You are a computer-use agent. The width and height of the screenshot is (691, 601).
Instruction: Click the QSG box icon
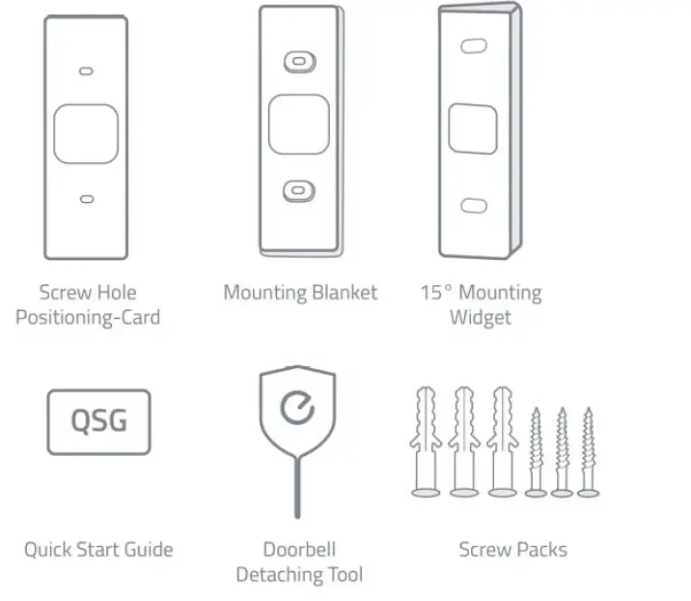pos(99,422)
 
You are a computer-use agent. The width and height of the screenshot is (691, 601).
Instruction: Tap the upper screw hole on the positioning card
pos(86,72)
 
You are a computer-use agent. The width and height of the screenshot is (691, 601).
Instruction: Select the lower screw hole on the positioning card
pos(86,198)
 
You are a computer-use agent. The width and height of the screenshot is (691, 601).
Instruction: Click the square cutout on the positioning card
pos(86,134)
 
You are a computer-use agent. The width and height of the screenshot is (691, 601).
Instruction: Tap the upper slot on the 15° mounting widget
pos(473,45)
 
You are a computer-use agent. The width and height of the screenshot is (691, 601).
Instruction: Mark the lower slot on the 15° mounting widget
pos(473,205)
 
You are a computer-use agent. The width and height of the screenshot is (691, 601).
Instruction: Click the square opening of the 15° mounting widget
pos(473,127)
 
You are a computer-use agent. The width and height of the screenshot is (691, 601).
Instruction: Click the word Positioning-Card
pos(88,316)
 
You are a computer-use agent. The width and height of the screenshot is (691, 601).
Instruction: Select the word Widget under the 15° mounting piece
pos(480,316)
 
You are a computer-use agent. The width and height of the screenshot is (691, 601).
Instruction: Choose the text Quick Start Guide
pos(98,550)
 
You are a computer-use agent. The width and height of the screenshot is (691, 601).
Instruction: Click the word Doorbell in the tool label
pos(299,550)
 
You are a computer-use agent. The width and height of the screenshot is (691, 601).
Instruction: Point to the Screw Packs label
pos(512,550)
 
